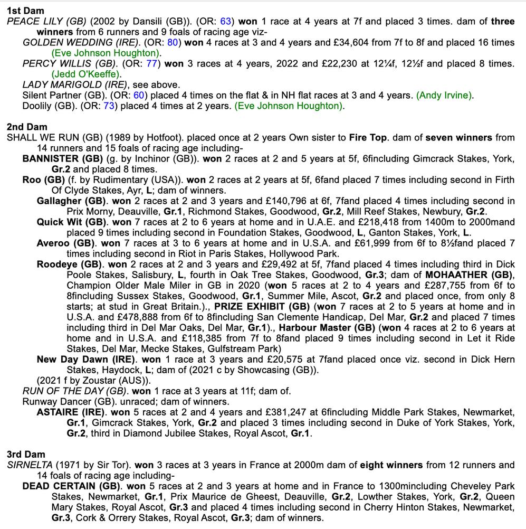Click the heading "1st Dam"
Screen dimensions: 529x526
pyautogui.click(x=25, y=11)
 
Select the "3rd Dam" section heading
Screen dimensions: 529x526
pyautogui.click(x=26, y=454)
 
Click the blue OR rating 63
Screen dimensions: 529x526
pyautogui.click(x=226, y=22)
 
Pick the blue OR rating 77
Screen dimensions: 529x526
pyautogui.click(x=152, y=64)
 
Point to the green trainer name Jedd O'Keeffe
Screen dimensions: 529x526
pyautogui.click(x=86, y=74)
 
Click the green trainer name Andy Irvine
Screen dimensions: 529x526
pyautogui.click(x=445, y=96)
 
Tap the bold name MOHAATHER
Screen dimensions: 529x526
pyautogui.click(x=459, y=275)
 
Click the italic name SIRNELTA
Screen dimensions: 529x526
pyautogui.click(x=30, y=465)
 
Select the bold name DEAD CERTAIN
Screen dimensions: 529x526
pyautogui.click(x=62, y=486)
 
